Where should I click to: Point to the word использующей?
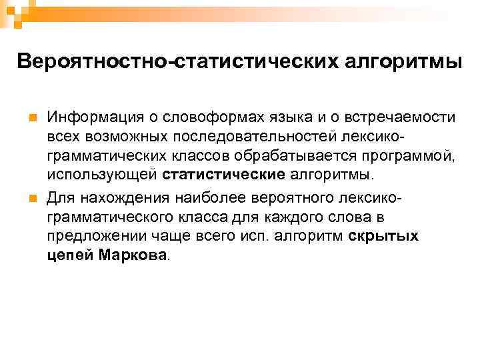102,175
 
